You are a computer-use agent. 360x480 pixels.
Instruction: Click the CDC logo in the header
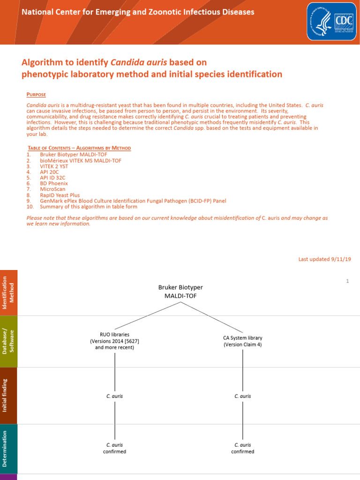[x=330, y=21]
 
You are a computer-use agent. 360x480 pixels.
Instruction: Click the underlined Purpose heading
[x=36, y=95]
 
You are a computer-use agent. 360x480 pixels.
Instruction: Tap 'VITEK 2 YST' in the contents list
[x=54, y=166]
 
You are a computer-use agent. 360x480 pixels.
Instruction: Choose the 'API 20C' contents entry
[x=50, y=172]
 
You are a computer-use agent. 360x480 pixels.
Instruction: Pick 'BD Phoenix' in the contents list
[x=54, y=183]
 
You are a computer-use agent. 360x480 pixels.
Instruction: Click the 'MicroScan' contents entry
[x=52, y=189]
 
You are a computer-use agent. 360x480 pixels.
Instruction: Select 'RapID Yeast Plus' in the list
[x=60, y=195]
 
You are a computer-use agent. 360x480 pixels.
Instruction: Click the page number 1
[x=347, y=281]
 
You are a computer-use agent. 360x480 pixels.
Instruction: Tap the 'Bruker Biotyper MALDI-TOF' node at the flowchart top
[x=180, y=292]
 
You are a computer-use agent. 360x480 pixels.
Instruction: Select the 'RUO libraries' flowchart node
[x=115, y=341]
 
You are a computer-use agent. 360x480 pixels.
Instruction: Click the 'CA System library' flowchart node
[x=242, y=341]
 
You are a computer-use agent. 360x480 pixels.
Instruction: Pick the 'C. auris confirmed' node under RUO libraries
[x=115, y=448]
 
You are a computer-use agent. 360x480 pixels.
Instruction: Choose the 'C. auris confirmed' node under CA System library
[x=242, y=448]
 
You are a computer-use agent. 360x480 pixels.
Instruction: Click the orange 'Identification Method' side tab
[x=9, y=292]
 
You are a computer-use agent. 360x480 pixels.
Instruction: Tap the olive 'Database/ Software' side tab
[x=9, y=341]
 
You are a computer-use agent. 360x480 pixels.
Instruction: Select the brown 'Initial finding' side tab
[x=9, y=396]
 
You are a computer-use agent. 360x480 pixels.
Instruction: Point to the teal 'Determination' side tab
[x=9, y=449]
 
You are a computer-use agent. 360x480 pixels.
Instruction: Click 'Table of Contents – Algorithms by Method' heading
[x=79, y=148]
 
